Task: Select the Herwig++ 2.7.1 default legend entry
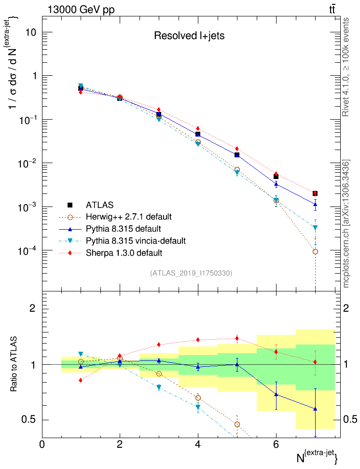(x=128, y=216)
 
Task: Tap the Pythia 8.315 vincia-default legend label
(x=136, y=240)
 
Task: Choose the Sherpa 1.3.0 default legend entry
(x=124, y=252)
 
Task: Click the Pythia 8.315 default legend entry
(x=123, y=228)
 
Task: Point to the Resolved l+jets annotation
(x=189, y=35)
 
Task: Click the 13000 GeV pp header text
(x=81, y=9)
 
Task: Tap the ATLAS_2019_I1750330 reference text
(x=191, y=273)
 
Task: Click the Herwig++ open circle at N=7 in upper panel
(x=315, y=251)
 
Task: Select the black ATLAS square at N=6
(x=276, y=177)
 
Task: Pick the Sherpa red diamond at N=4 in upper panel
(x=198, y=128)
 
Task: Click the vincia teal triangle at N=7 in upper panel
(x=315, y=227)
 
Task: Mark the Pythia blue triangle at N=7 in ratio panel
(x=315, y=409)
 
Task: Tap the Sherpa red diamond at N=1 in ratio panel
(x=81, y=380)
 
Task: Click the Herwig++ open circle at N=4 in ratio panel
(x=198, y=398)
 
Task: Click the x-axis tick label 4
(x=198, y=444)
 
